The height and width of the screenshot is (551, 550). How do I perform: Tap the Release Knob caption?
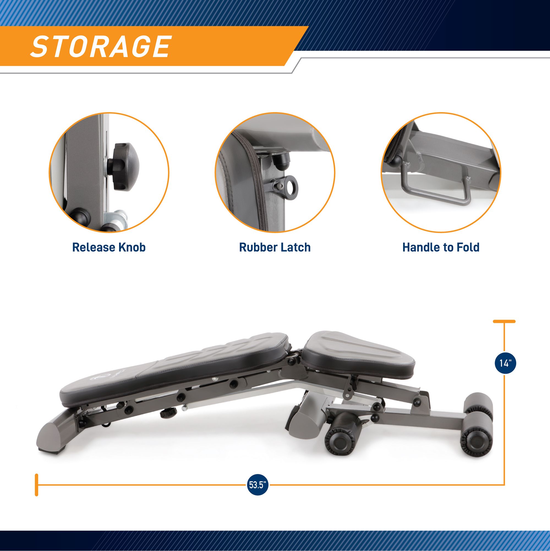point(109,247)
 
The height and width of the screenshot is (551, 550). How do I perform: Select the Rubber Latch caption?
point(275,247)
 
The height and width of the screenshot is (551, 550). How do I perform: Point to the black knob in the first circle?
point(126,167)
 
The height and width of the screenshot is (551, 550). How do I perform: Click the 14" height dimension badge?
point(505,363)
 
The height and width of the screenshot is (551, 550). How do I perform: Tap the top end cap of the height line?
point(504,322)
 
